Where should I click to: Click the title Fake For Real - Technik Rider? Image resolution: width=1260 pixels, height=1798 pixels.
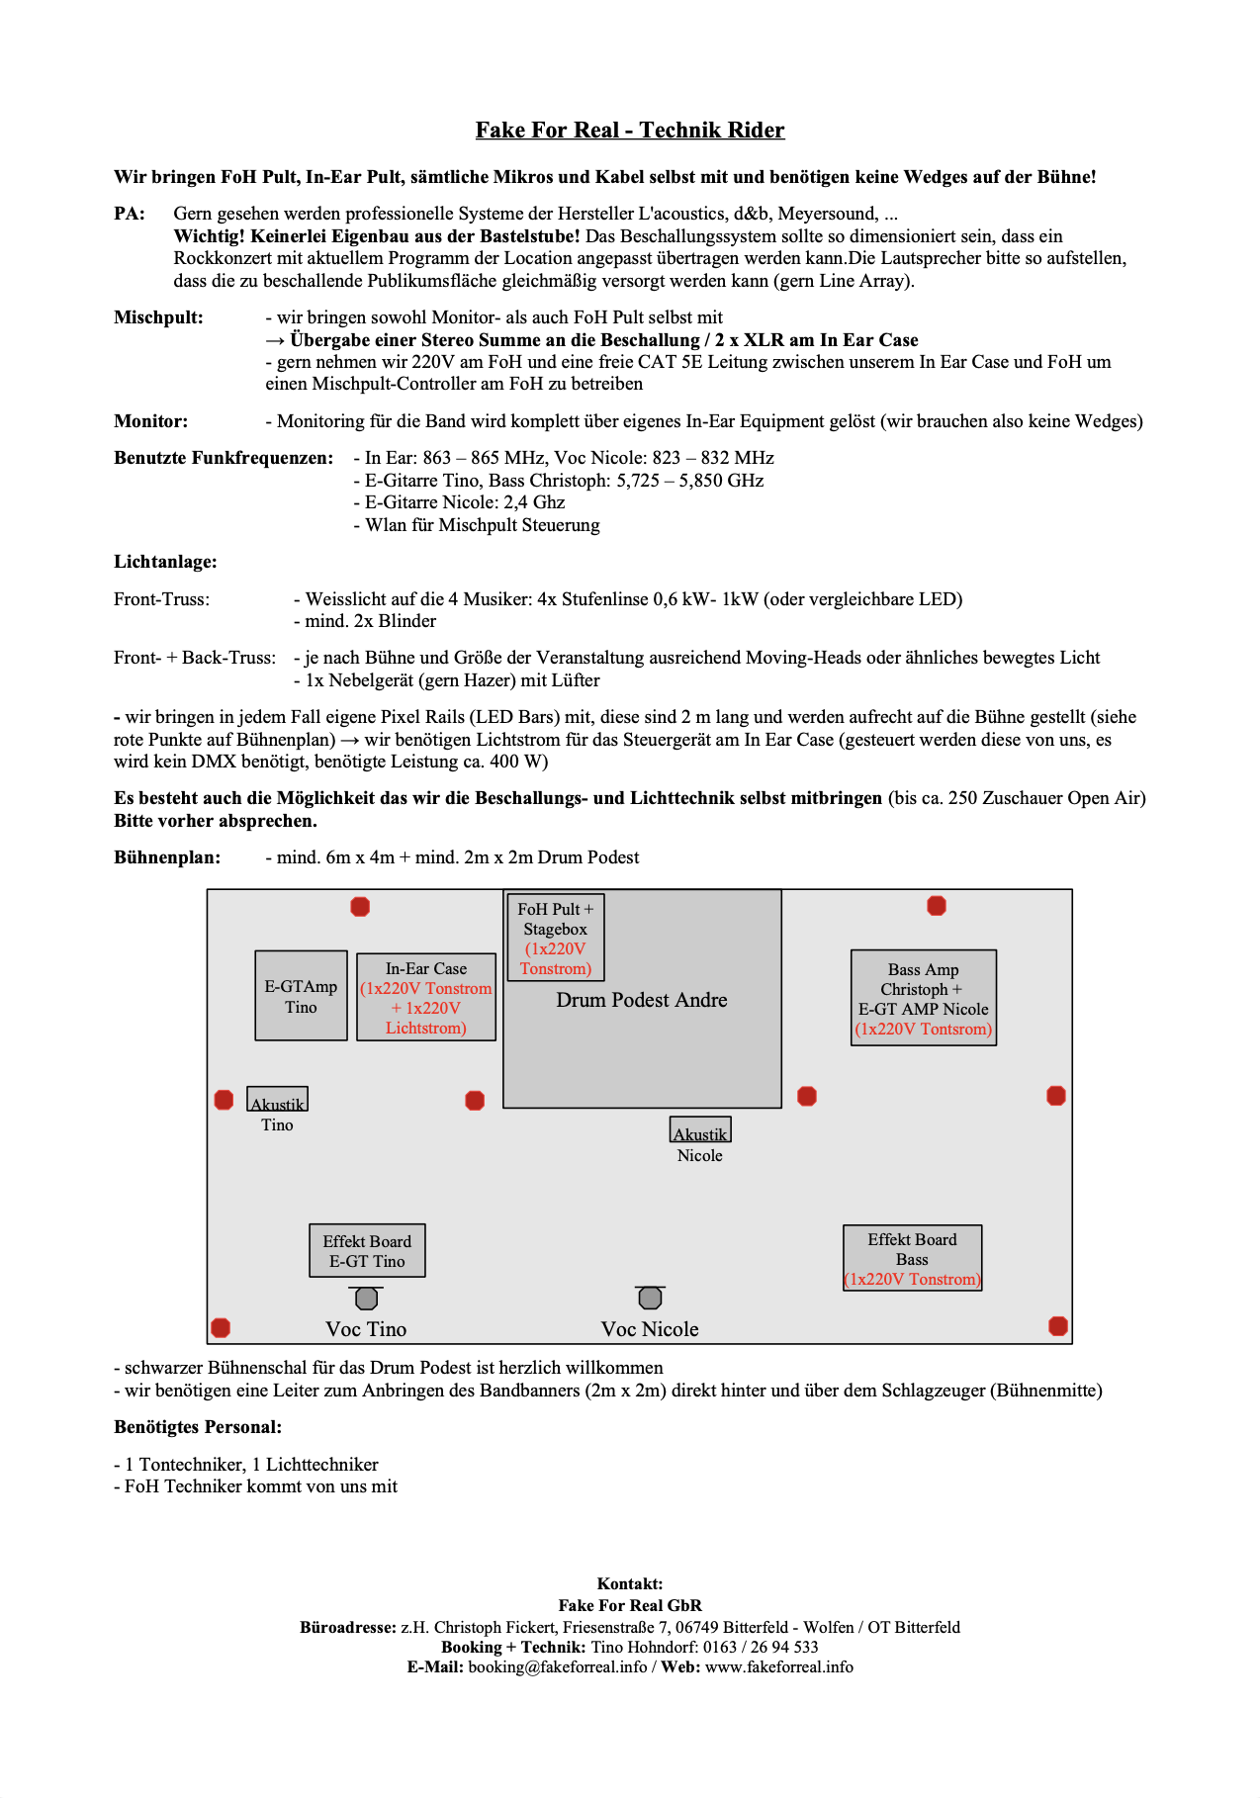(x=629, y=131)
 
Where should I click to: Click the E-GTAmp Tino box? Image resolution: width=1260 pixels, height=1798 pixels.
(x=301, y=996)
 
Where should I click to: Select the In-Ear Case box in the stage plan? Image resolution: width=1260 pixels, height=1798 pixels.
(x=425, y=998)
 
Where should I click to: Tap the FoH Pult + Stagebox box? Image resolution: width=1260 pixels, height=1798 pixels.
(x=555, y=938)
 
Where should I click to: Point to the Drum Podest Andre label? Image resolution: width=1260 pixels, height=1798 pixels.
(x=641, y=1000)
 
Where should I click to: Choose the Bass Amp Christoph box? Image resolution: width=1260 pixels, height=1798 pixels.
(x=923, y=998)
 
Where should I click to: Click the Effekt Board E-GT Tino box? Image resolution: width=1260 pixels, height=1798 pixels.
(x=367, y=1251)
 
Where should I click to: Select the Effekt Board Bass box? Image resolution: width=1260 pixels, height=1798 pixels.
(x=912, y=1258)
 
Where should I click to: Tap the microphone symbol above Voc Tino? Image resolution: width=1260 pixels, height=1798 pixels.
(x=366, y=1298)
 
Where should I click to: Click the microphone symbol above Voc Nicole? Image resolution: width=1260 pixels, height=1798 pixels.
(x=650, y=1297)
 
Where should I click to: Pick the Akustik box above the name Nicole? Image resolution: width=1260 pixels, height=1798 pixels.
(x=700, y=1130)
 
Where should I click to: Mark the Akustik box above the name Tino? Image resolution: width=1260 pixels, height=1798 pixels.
(x=277, y=1100)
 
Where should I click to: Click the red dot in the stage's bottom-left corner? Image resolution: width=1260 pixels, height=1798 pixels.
(x=221, y=1327)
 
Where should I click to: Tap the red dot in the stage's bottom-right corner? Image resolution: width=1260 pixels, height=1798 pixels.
(x=1057, y=1326)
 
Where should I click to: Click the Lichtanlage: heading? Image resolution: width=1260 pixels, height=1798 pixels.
(x=165, y=562)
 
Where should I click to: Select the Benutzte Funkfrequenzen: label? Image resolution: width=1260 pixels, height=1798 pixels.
(x=224, y=458)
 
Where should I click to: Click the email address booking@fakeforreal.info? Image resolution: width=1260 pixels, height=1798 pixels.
(x=557, y=1666)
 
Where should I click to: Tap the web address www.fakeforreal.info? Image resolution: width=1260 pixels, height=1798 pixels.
(x=778, y=1666)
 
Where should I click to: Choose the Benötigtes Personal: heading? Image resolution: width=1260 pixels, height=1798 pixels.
(x=198, y=1427)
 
